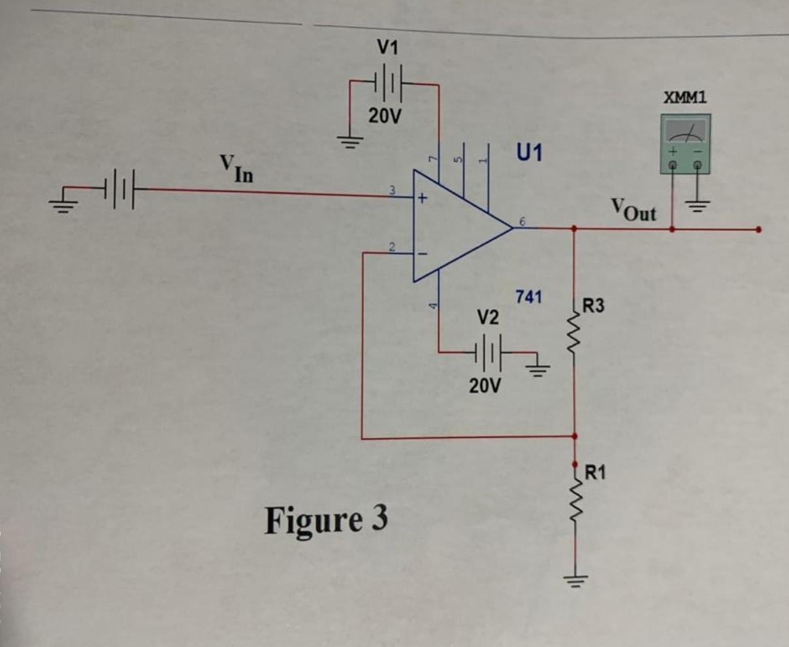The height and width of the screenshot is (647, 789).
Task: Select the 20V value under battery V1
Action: click(385, 116)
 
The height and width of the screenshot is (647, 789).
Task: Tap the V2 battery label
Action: click(487, 318)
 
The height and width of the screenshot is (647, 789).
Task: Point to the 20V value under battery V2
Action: click(485, 386)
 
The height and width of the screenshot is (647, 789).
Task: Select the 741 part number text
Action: click(528, 297)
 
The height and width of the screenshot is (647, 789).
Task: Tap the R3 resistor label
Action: click(594, 305)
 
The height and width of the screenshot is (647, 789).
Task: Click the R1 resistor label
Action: click(594, 471)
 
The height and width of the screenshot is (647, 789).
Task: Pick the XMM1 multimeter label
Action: click(685, 98)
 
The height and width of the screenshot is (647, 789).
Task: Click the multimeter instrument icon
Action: click(685, 144)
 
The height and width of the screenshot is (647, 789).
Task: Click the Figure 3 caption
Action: click(325, 520)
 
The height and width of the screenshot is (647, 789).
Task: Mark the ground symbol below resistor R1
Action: click(575, 578)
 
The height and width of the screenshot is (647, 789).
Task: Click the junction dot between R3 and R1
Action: click(575, 436)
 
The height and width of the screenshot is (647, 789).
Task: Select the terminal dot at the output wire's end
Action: click(758, 229)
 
